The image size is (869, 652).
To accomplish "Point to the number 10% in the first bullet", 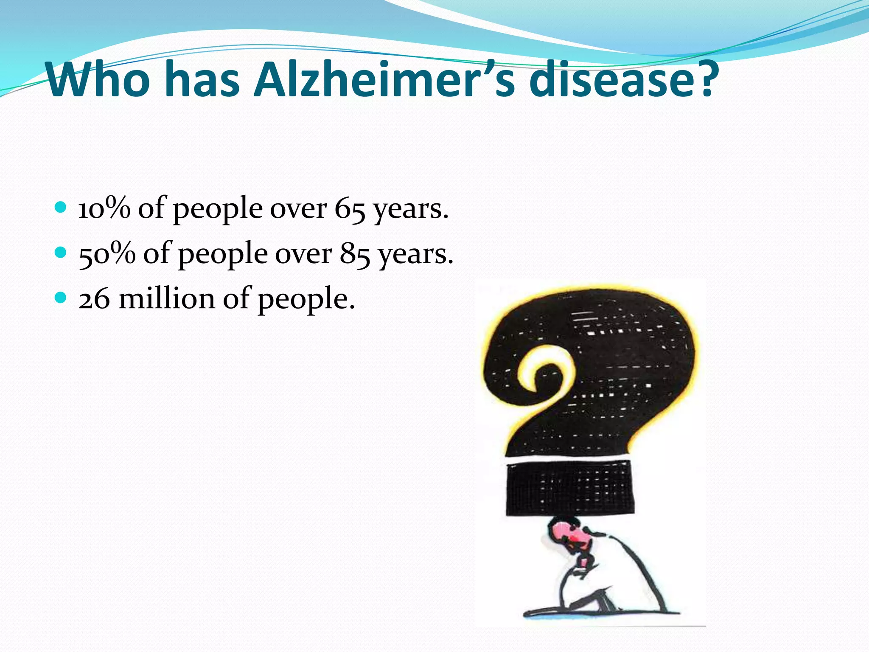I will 104,208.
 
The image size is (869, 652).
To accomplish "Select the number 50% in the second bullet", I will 107,254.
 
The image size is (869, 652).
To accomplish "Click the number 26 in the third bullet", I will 94,299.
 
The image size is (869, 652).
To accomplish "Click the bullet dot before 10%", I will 61,208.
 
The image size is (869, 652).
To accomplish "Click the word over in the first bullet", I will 298,209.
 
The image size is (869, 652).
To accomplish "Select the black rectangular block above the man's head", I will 568,488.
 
